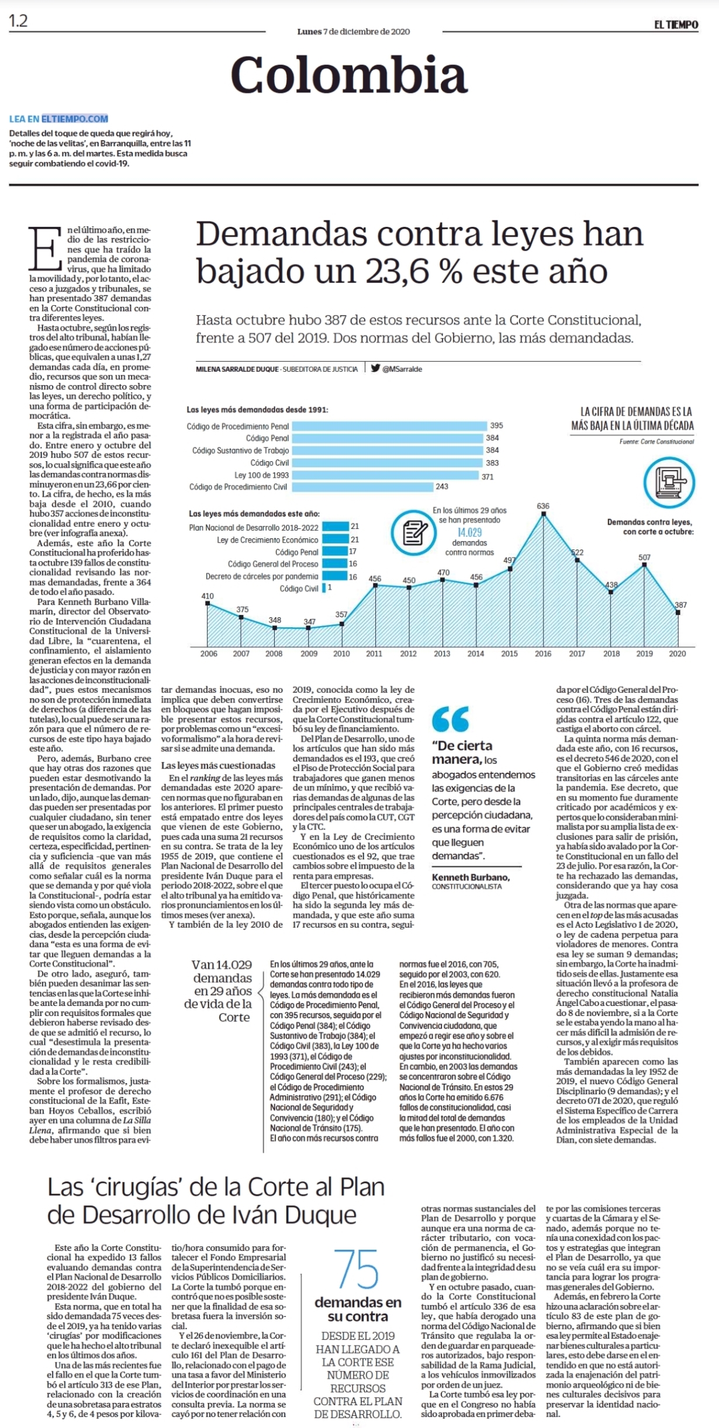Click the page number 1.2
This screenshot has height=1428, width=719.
coord(18,21)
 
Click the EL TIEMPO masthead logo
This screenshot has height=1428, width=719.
coord(676,25)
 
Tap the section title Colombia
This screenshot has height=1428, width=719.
coord(349,74)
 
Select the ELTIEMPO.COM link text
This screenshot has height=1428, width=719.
coord(75,119)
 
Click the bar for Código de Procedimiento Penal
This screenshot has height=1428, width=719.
coord(389,426)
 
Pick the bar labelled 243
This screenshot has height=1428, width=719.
coord(362,486)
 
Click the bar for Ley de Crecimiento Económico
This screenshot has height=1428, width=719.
coord(336,540)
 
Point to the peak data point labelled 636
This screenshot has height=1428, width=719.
coord(544,514)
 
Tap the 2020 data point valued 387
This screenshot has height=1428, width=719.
coord(677,613)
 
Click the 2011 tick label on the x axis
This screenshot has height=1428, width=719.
coord(374,654)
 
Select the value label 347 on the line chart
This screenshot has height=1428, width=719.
coord(309,621)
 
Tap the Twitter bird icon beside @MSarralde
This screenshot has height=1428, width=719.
coord(375,368)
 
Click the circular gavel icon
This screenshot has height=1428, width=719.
coord(669,483)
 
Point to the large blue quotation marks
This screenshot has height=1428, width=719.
coord(451,719)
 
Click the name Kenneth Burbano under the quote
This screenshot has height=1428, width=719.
coord(471,877)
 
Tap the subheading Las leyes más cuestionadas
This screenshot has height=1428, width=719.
coord(218,765)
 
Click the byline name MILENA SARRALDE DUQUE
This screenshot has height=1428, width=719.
coord(237,369)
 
